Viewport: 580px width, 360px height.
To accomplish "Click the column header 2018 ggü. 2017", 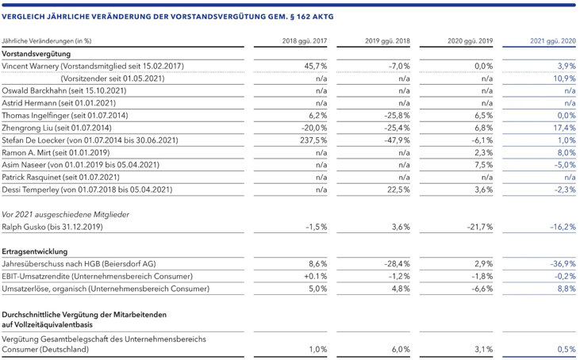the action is click(x=305, y=40).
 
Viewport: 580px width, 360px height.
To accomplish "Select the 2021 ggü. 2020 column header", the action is click(x=553, y=40).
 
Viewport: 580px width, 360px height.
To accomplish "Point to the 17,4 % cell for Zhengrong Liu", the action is click(x=564, y=128).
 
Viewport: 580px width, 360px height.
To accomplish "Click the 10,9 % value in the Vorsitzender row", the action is click(x=564, y=79).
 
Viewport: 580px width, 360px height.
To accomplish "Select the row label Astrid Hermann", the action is click(x=29, y=103).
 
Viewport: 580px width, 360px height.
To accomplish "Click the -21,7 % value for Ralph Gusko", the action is click(x=480, y=227).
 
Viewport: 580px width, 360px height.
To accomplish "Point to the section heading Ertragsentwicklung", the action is click(x=35, y=251).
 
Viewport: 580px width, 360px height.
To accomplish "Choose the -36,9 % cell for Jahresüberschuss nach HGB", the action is click(x=563, y=264).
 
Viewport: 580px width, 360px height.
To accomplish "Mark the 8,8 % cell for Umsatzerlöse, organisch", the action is click(x=567, y=289).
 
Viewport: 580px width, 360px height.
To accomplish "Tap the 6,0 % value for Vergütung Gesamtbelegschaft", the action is click(x=401, y=349).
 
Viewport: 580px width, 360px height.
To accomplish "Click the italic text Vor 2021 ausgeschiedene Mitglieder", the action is click(x=66, y=214).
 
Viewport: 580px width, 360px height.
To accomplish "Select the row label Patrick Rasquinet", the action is click(x=31, y=177).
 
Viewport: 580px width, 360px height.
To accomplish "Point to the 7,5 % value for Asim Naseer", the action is click(x=484, y=165).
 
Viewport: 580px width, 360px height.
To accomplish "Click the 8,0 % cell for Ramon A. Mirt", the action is click(x=567, y=152).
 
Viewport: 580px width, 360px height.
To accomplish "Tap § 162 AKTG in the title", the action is click(x=312, y=17).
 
